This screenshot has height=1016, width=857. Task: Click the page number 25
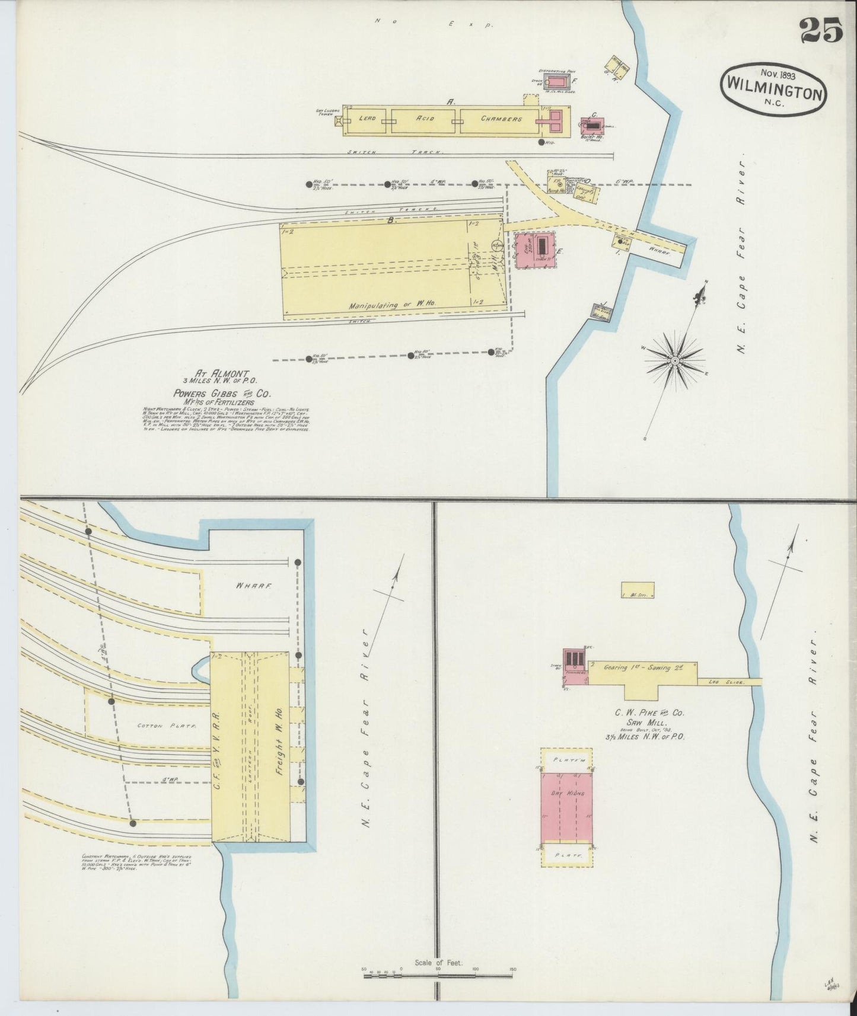tap(821, 30)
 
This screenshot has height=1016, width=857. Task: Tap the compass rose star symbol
tap(674, 360)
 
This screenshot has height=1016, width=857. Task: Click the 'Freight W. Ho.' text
tap(276, 743)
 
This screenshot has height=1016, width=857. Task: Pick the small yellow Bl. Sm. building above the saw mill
tap(638, 590)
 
